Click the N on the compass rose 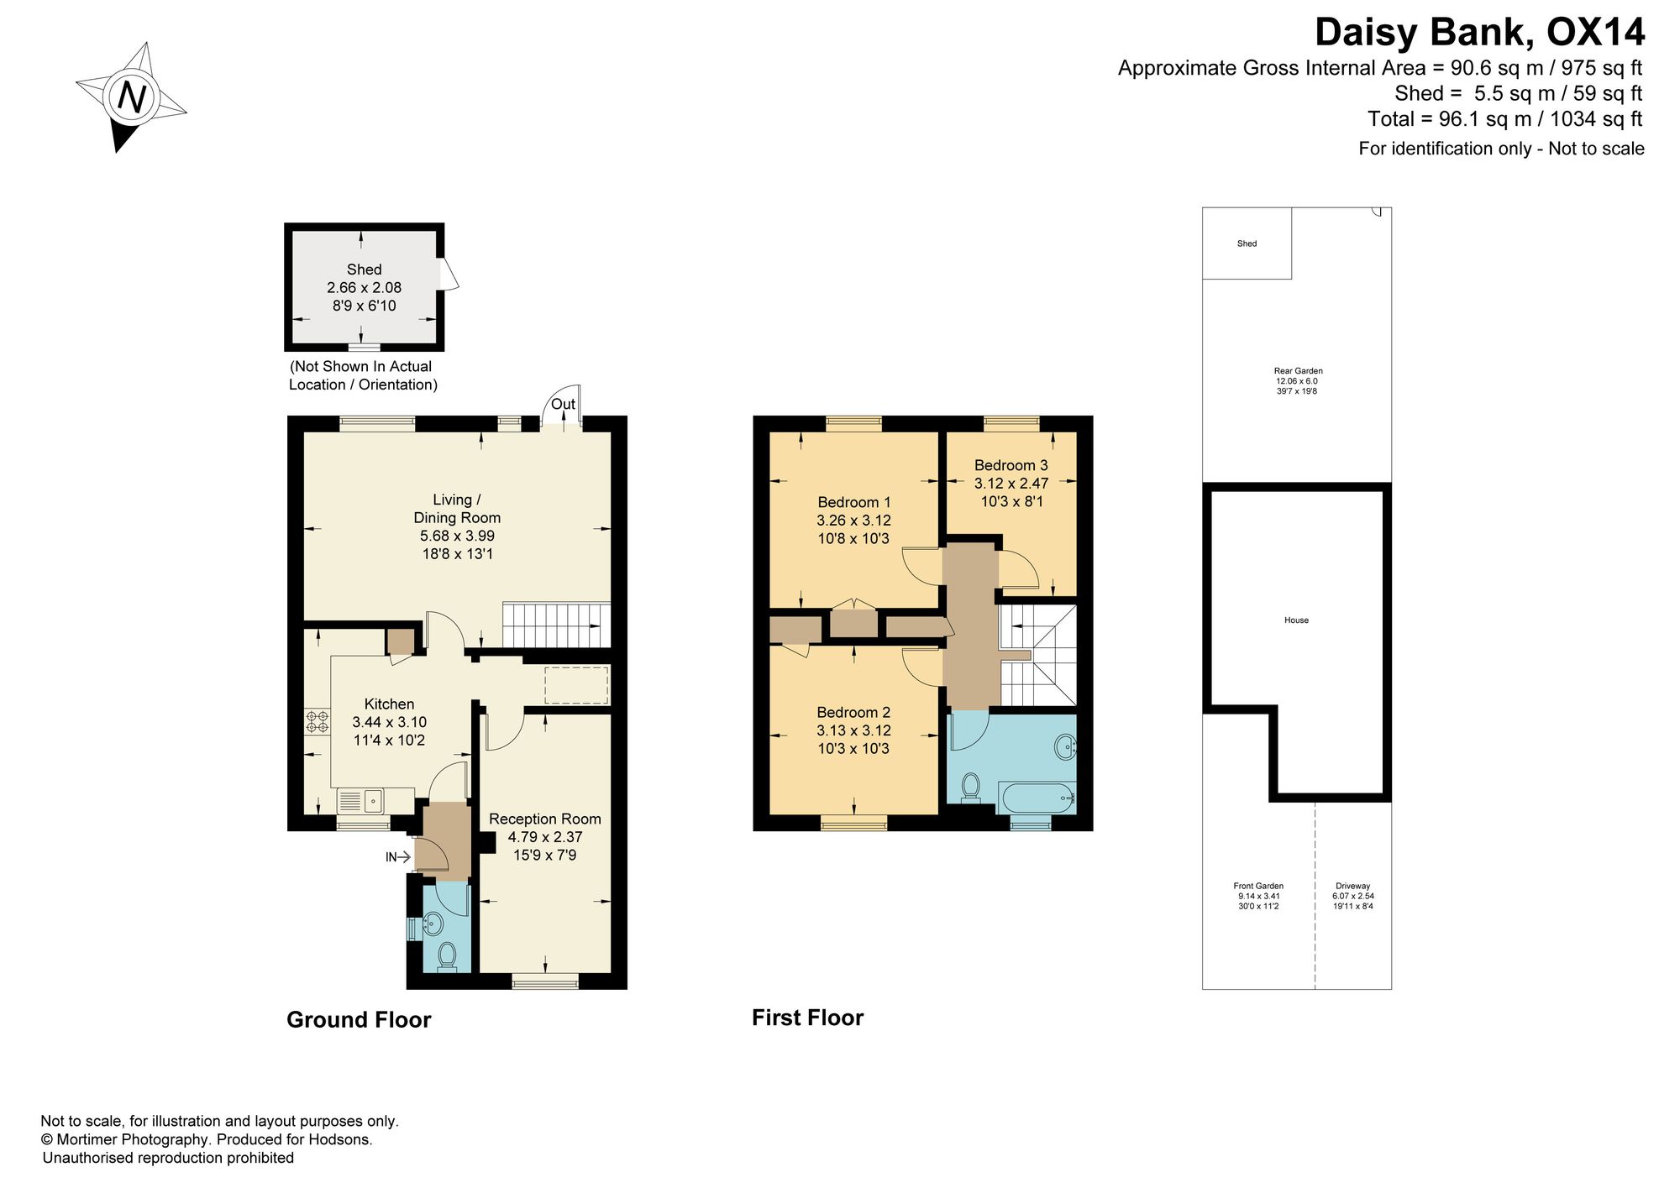(x=132, y=97)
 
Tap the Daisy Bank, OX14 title (x=1479, y=33)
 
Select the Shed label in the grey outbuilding (x=364, y=270)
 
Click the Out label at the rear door (x=563, y=404)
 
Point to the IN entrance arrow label (x=391, y=857)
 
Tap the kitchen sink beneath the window (x=360, y=801)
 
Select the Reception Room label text (x=545, y=819)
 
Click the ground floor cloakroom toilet (x=447, y=956)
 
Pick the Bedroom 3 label (x=1011, y=465)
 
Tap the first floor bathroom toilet (x=970, y=788)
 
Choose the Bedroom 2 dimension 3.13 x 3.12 (x=853, y=730)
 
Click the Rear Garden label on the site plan (x=1298, y=371)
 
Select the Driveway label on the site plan (x=1353, y=886)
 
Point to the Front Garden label (x=1258, y=886)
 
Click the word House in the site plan (x=1296, y=620)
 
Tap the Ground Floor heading (x=359, y=1019)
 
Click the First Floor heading (x=807, y=1018)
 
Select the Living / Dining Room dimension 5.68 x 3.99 (x=457, y=536)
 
